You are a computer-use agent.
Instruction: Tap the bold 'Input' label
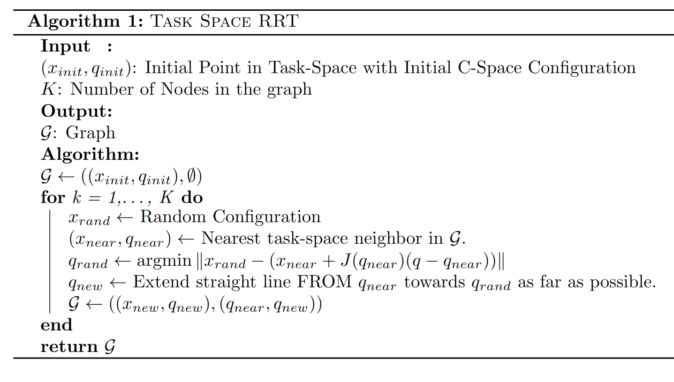click(65, 46)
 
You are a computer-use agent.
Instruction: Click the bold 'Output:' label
click(77, 111)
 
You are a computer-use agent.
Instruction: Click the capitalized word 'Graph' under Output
click(90, 133)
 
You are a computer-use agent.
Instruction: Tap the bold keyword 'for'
click(52, 197)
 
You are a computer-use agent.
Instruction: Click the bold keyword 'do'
click(192, 197)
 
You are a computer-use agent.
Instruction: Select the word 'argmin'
click(164, 261)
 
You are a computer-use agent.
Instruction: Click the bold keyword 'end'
click(56, 325)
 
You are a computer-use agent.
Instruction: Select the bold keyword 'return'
click(68, 346)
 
